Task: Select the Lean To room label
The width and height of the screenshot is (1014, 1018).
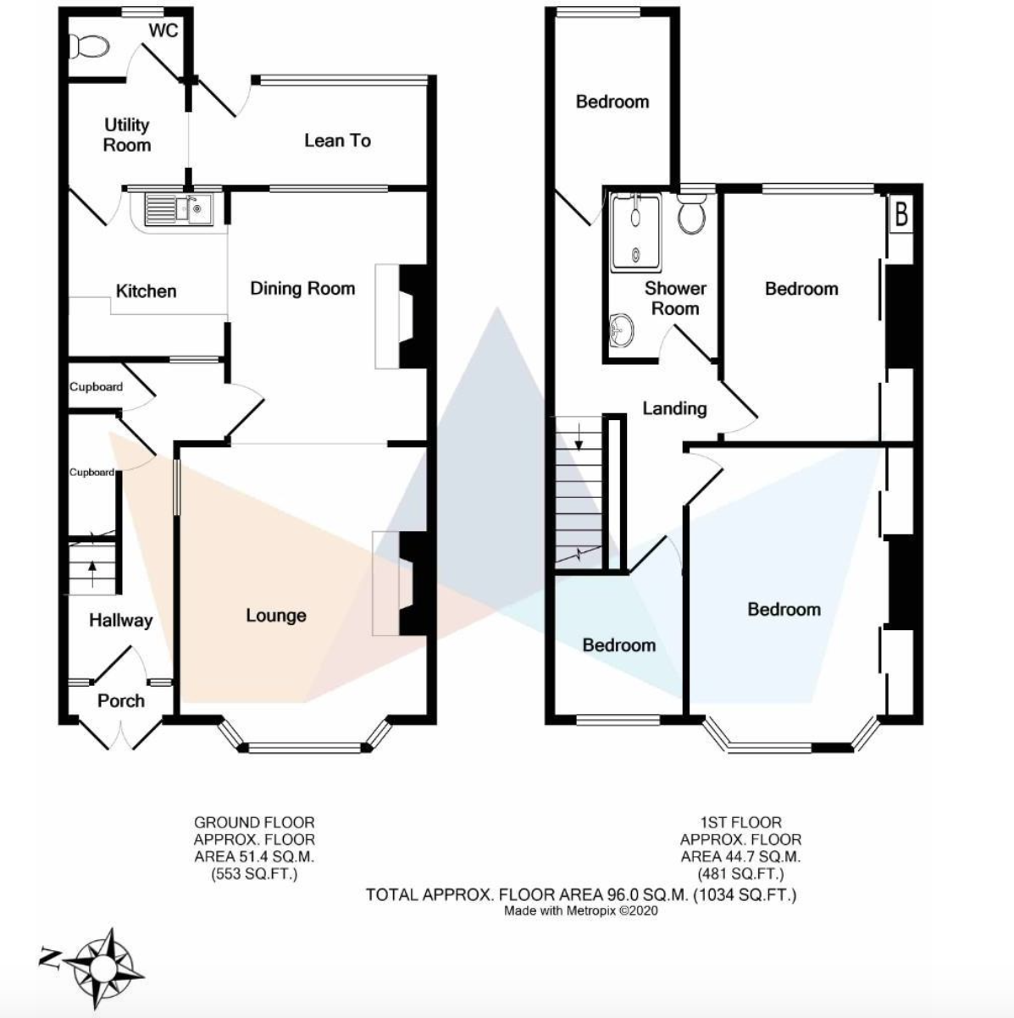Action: point(337,141)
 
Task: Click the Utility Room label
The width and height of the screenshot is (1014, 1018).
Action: point(127,136)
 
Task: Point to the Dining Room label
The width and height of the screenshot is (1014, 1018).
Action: point(302,289)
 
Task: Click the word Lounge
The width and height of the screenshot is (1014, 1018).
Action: point(276,616)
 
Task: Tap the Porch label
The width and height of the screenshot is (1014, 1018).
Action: point(120,701)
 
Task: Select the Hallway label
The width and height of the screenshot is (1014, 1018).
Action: point(120,621)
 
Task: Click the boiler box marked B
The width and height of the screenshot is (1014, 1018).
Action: point(901,215)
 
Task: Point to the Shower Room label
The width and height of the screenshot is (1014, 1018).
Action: point(675,298)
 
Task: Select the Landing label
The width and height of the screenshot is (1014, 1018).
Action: point(674,409)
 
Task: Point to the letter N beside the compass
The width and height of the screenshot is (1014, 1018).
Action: point(50,959)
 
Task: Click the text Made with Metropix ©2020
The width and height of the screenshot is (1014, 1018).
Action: point(580,911)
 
